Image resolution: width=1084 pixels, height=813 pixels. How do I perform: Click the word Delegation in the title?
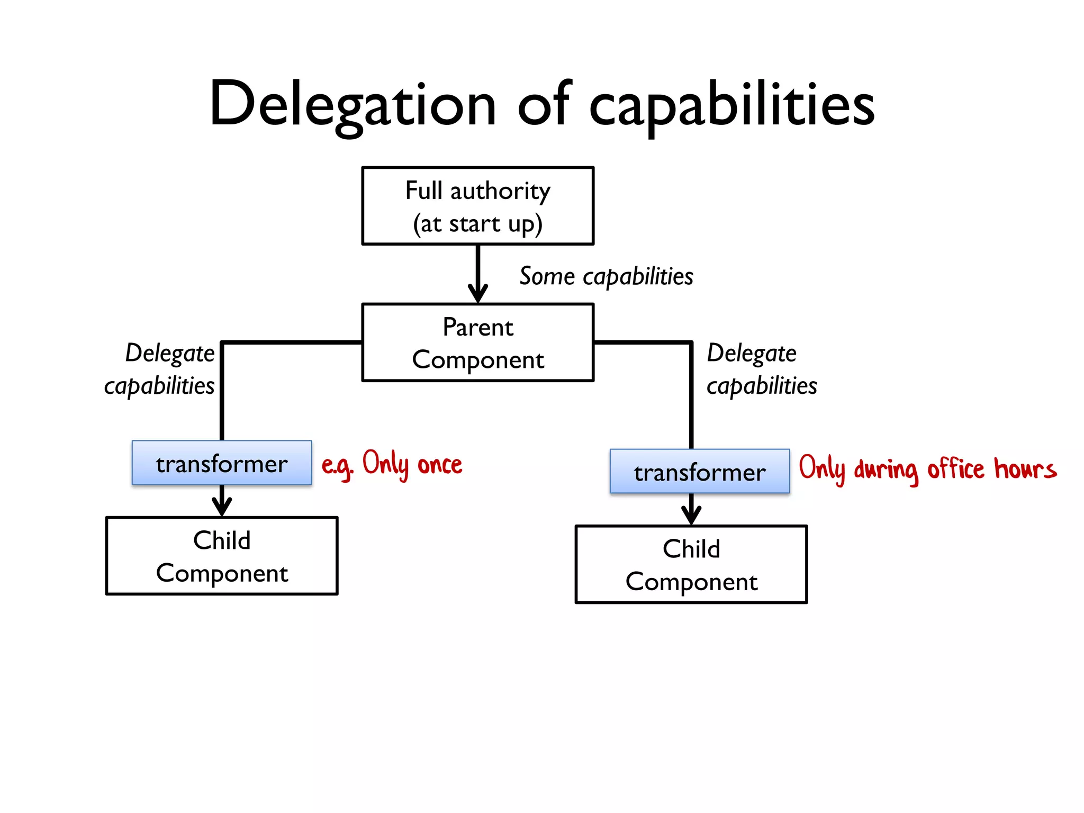[x=353, y=104]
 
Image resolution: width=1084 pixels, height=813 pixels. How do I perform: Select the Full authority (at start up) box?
[x=477, y=206]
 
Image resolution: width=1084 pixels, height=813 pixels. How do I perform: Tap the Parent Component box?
[x=477, y=342]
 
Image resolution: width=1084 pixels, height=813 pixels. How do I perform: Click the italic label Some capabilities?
[x=606, y=276]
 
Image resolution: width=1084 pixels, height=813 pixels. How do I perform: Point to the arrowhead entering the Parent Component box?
[x=478, y=294]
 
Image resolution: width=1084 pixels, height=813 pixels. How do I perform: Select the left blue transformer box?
[x=221, y=463]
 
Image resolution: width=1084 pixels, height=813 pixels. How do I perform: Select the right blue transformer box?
[x=699, y=472]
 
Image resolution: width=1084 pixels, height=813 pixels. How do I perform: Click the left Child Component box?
[x=221, y=556]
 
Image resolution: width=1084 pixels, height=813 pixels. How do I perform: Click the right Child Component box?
[x=691, y=564]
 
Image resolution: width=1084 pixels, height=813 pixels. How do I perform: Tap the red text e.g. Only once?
[x=392, y=465]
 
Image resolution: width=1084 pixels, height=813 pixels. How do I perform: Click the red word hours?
[x=1025, y=469]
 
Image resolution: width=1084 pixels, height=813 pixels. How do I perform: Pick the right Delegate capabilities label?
[x=761, y=369]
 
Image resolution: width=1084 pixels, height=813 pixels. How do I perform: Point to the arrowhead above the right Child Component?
[x=691, y=515]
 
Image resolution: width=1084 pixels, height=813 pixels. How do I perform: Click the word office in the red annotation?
[x=955, y=469]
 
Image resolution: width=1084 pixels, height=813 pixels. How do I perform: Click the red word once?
[x=440, y=465]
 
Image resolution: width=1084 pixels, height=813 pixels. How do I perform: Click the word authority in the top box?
[x=500, y=191]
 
